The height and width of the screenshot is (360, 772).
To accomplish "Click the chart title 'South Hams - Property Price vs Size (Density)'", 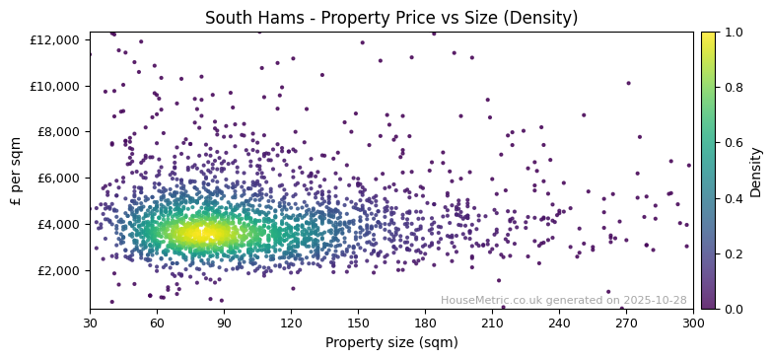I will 391,18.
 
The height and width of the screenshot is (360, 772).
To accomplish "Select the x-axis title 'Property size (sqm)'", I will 391,342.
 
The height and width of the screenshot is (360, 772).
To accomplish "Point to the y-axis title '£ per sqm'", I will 17,171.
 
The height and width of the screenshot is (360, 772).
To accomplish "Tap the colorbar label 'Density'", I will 756,171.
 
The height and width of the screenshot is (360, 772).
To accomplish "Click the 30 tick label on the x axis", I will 90,322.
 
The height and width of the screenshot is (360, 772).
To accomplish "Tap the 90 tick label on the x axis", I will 224,322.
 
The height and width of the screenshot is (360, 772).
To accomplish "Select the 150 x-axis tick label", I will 358,322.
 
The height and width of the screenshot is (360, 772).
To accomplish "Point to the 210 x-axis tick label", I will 492,322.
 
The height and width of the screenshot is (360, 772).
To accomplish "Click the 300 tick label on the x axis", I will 693,322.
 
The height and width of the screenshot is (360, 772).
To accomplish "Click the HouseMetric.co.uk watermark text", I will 563,300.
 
